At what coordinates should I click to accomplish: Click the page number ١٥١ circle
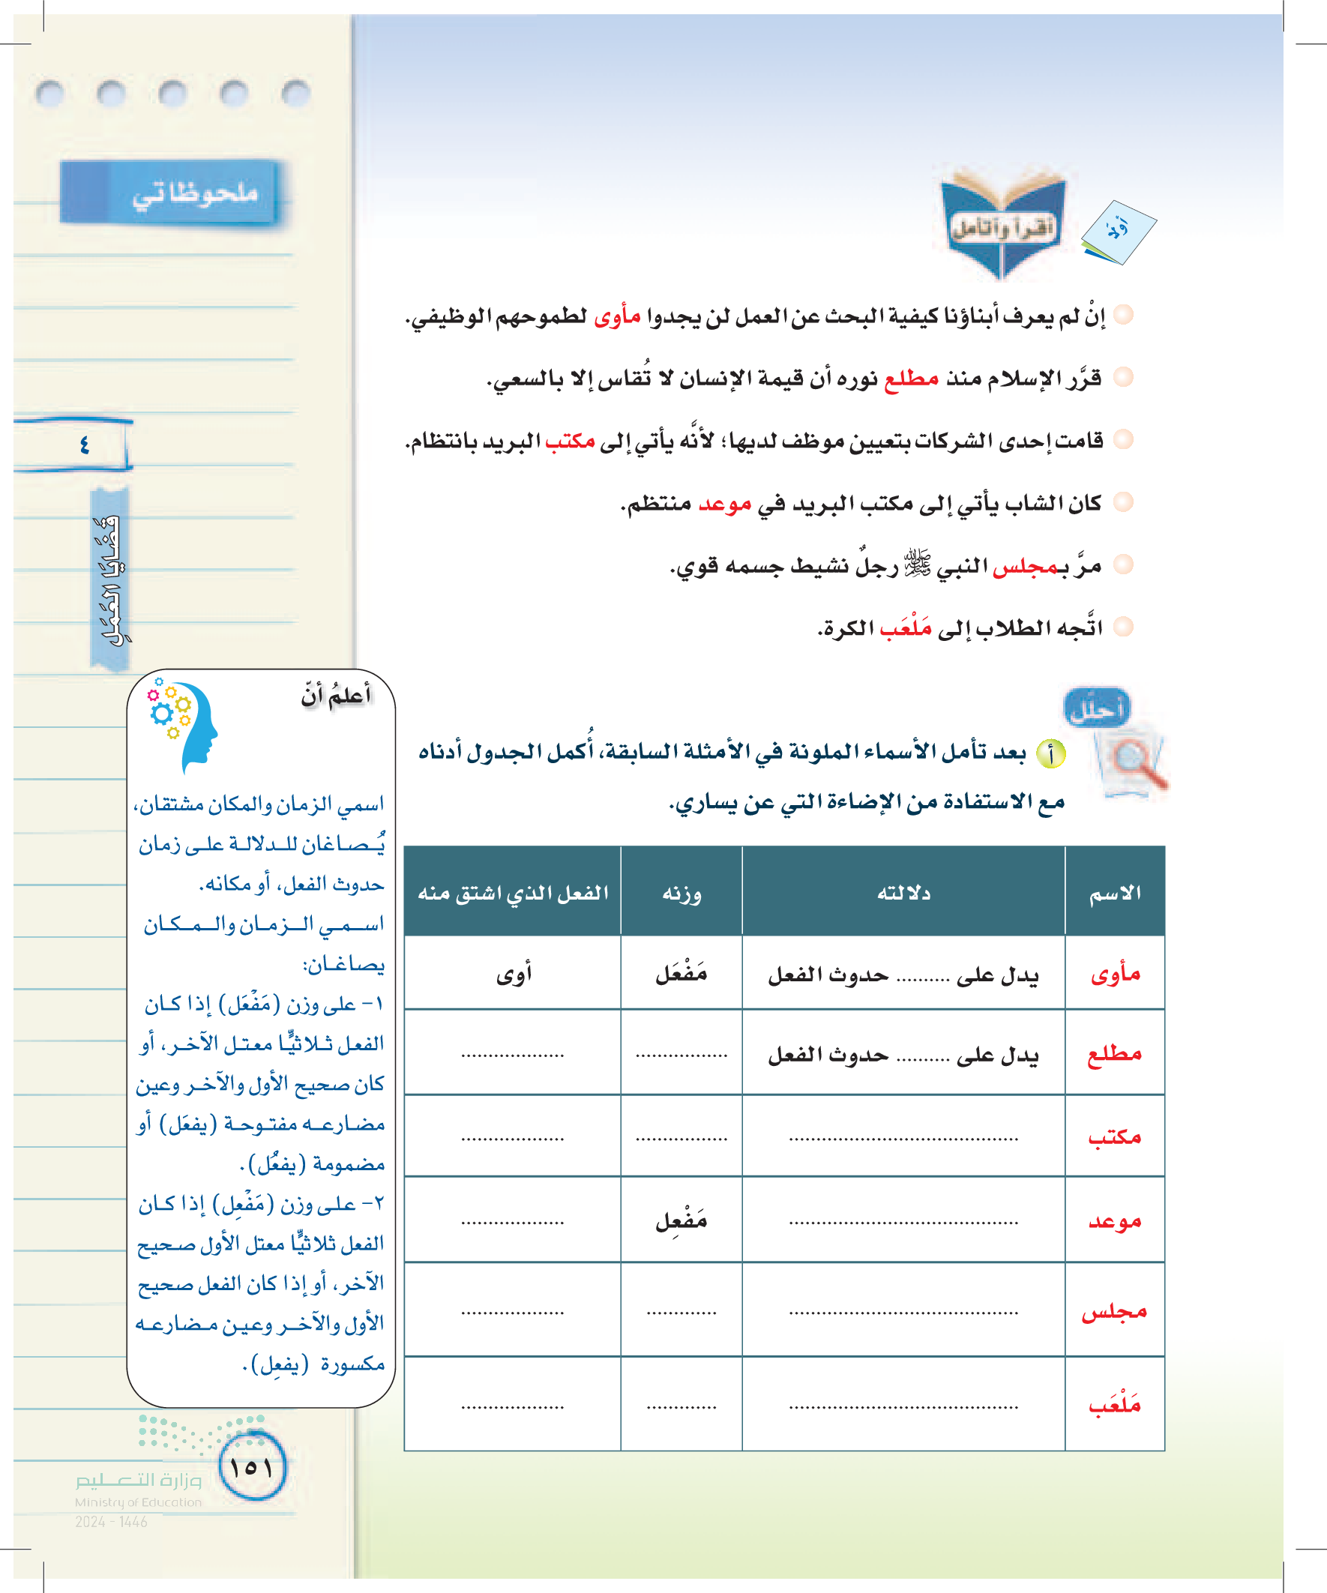[x=251, y=1466]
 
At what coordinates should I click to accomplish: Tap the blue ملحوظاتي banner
[x=171, y=193]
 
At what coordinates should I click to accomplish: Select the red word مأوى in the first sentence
[x=617, y=316]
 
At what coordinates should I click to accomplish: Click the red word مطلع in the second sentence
[x=911, y=378]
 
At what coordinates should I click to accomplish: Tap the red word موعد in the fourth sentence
[x=724, y=504]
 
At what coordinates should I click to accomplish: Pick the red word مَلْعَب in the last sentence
[x=905, y=629]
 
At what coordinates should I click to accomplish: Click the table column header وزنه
[x=681, y=893]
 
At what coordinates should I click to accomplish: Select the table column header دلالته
[x=903, y=893]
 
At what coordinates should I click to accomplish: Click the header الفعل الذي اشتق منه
[x=513, y=893]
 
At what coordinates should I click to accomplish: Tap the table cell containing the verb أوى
[x=514, y=973]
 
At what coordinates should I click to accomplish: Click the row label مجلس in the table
[x=1114, y=1312]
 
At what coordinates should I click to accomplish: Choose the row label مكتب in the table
[x=1114, y=1136]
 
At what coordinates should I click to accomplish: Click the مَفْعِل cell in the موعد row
[x=681, y=1220]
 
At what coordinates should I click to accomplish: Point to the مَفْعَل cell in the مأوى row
[x=681, y=973]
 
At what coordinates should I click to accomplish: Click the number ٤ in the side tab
[x=83, y=445]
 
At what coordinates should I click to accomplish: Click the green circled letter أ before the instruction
[x=1050, y=754]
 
